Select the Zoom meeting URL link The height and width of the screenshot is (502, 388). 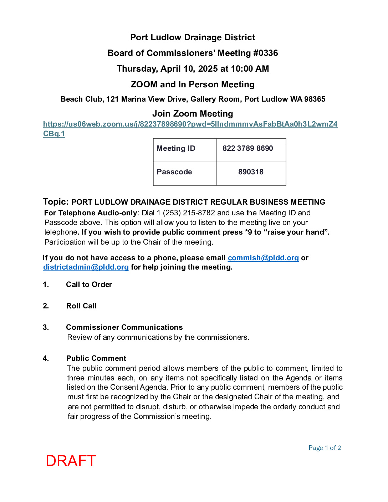(x=190, y=124)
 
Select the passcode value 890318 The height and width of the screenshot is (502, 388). (x=251, y=172)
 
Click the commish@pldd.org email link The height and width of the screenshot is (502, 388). (x=263, y=258)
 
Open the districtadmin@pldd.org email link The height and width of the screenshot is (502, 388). (x=86, y=267)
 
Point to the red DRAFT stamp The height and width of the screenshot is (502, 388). (x=71, y=461)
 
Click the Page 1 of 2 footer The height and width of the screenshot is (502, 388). (x=325, y=448)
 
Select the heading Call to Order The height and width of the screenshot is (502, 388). (x=89, y=285)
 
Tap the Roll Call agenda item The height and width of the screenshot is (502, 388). (x=81, y=306)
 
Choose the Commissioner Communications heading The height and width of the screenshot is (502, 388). (x=124, y=327)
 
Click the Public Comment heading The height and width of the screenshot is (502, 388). (x=96, y=358)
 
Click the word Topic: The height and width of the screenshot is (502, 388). (x=56, y=202)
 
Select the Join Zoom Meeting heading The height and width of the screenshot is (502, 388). (x=193, y=114)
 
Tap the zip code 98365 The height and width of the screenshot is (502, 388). (x=315, y=99)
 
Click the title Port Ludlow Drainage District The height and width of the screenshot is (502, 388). (x=193, y=37)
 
